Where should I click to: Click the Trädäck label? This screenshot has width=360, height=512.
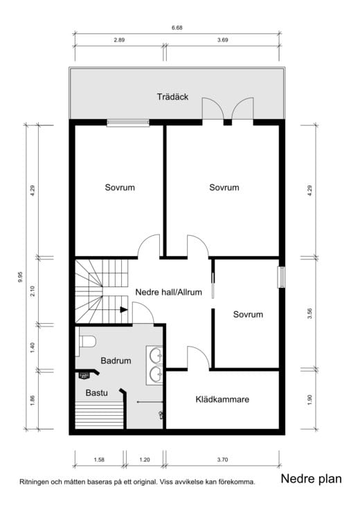point(172,97)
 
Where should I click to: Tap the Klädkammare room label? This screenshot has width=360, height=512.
point(222,399)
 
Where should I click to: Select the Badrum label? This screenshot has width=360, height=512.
point(116,360)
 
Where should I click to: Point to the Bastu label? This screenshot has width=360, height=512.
point(96,392)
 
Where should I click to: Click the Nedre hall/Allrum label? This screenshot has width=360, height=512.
point(168,292)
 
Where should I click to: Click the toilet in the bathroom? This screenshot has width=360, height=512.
point(86,342)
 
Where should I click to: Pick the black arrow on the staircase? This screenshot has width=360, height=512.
point(124,309)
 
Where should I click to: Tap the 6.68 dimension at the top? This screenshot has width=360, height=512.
point(177,28)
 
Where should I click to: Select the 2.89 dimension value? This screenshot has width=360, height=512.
point(119,40)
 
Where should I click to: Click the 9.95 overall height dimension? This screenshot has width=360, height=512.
point(21,277)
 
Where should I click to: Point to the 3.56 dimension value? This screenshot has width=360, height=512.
point(310,313)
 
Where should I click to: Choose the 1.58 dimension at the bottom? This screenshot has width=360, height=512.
point(99,459)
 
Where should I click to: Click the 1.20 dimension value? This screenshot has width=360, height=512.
point(145,459)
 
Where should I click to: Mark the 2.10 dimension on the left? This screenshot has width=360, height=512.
point(33,291)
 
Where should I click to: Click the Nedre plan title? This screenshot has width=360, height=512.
point(312,479)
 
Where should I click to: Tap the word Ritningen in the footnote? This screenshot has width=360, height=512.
point(34,482)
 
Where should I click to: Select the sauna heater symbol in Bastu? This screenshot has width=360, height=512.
point(84,376)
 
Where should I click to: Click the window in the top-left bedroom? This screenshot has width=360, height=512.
point(128,122)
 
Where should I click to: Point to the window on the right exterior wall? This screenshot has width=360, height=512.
point(280,277)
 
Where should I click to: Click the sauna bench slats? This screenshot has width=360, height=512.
point(99,416)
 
